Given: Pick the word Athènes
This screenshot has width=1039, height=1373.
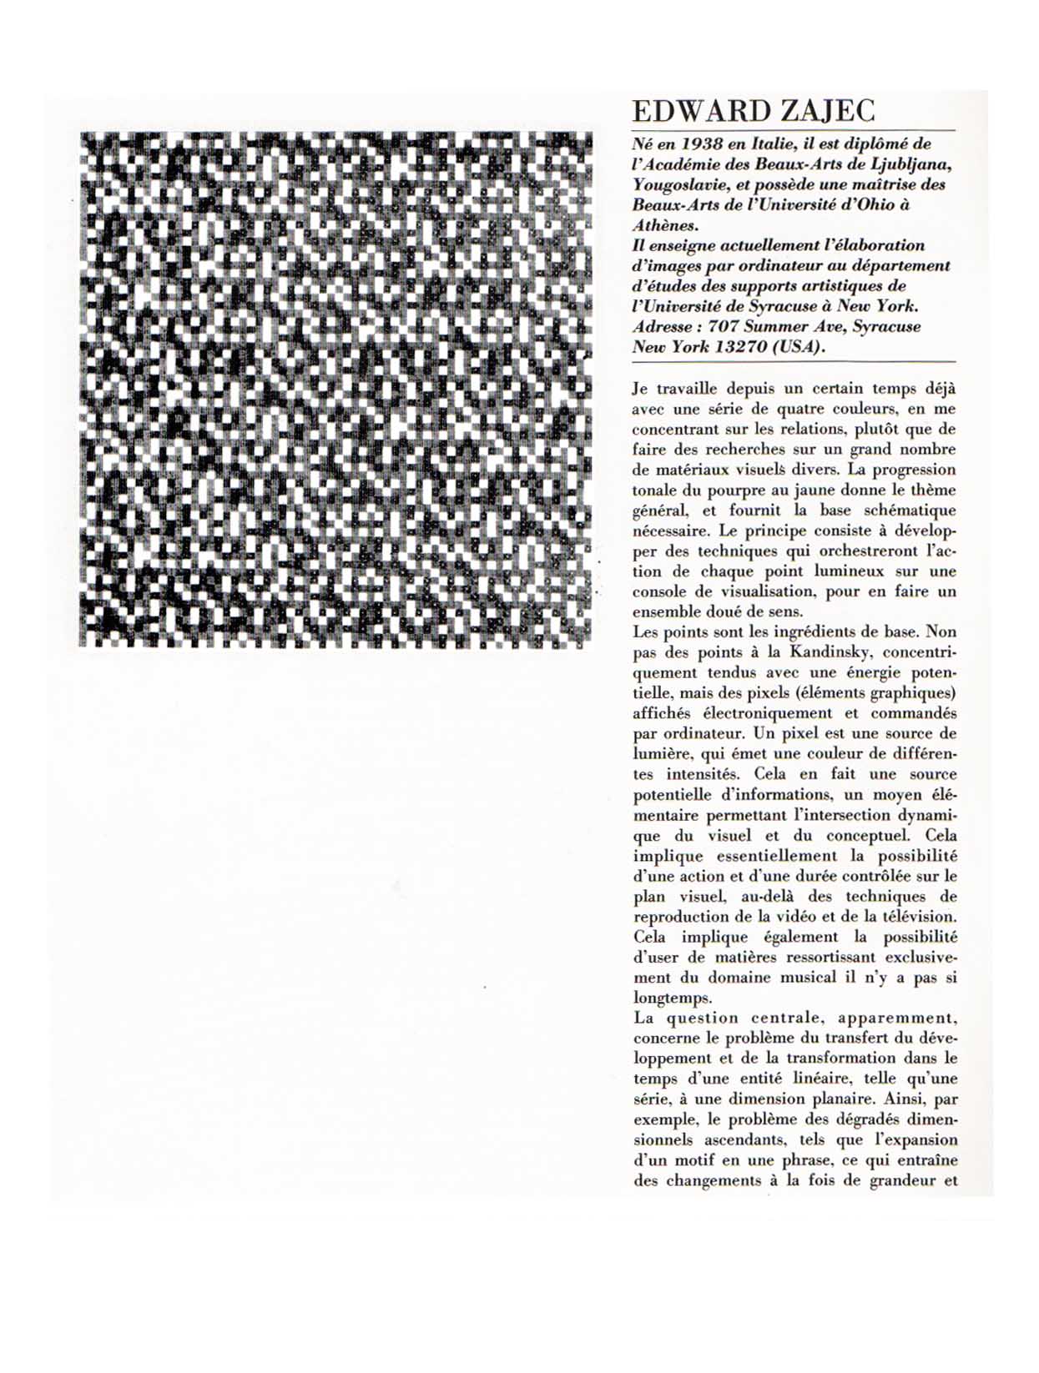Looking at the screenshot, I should (664, 225).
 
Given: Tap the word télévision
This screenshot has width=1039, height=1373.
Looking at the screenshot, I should (921, 917).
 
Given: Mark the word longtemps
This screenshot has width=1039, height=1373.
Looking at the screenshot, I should (673, 998).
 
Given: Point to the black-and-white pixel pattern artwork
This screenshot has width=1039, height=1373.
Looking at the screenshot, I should (335, 390).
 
